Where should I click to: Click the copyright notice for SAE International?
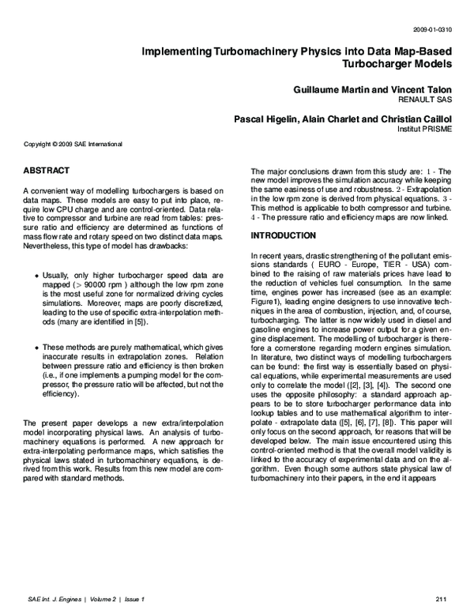pos(73,145)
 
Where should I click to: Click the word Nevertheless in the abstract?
pos(49,246)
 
